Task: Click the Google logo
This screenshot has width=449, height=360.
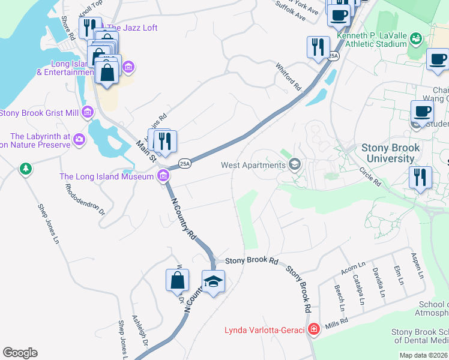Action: [x=20, y=353]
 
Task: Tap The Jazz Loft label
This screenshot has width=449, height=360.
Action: [x=131, y=28]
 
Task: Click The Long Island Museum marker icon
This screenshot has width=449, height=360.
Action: [x=162, y=176]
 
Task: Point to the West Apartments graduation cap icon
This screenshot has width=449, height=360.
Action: [x=295, y=164]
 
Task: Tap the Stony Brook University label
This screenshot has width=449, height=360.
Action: [x=388, y=153]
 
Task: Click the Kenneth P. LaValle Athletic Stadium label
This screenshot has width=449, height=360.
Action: [x=372, y=40]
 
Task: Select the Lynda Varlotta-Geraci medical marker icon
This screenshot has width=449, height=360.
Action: [x=313, y=329]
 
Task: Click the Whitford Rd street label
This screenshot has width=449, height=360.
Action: [x=288, y=76]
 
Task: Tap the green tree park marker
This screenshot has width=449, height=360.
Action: [x=25, y=169]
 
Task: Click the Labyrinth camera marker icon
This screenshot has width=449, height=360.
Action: [x=79, y=140]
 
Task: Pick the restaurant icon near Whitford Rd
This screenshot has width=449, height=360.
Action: [x=318, y=47]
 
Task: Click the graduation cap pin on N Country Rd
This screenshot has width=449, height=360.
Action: [x=213, y=281]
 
